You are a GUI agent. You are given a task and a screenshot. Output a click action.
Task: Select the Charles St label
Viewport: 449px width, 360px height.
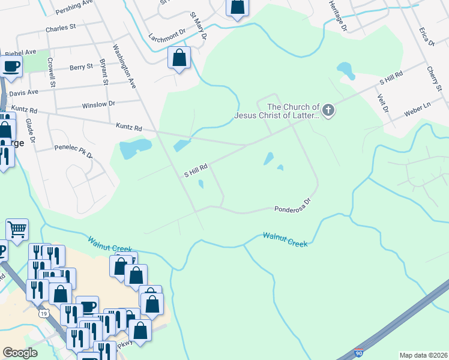pos(61,28)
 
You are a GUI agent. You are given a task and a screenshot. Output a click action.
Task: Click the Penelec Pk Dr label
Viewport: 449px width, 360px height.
pos(73,151)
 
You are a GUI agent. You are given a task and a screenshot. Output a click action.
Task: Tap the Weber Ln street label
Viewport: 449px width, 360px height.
pos(418,109)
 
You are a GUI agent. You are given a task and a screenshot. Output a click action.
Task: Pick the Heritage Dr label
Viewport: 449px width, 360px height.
pos(337,16)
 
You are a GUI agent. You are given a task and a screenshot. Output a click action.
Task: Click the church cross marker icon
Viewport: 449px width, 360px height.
pos(328,110)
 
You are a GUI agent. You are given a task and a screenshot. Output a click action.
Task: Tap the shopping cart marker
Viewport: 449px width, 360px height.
pos(17,229)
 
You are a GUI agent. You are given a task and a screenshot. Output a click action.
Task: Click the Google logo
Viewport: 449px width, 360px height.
pos(20,353)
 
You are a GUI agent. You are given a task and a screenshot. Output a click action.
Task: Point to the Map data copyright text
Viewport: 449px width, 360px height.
pos(423,355)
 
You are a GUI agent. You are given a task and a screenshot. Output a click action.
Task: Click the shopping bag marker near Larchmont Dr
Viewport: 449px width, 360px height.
pos(179,58)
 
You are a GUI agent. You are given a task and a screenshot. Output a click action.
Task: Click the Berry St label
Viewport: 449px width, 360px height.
pos(81,67)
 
